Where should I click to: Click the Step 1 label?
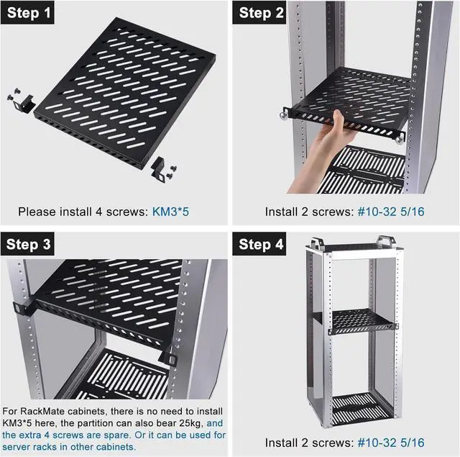[27, 12]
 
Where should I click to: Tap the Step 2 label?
[259, 12]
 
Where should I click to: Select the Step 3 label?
[27, 244]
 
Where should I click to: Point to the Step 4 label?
[259, 244]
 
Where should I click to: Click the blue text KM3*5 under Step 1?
[170, 212]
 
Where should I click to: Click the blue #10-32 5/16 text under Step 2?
[391, 212]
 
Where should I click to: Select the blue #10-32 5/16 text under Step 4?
[391, 443]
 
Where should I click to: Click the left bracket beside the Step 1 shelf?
[24, 104]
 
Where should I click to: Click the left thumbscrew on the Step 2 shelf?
[283, 114]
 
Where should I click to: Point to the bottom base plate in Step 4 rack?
[362, 406]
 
